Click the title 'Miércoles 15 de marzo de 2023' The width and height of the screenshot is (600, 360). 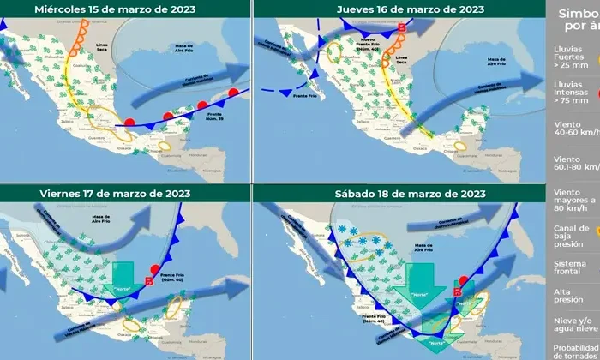click(126, 9)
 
